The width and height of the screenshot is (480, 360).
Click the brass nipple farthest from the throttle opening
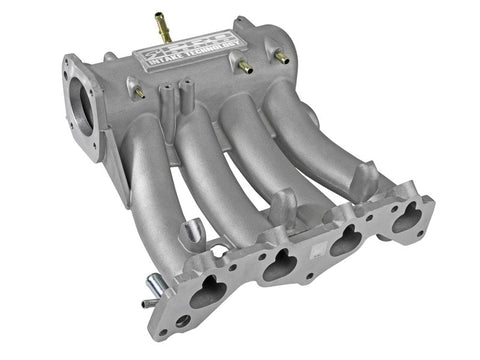[x=281, y=58]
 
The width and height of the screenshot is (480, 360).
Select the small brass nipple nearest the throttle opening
[x=138, y=92]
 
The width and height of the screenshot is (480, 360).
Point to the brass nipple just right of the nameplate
[x=241, y=67]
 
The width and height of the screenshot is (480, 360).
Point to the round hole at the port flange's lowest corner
[x=181, y=321]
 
